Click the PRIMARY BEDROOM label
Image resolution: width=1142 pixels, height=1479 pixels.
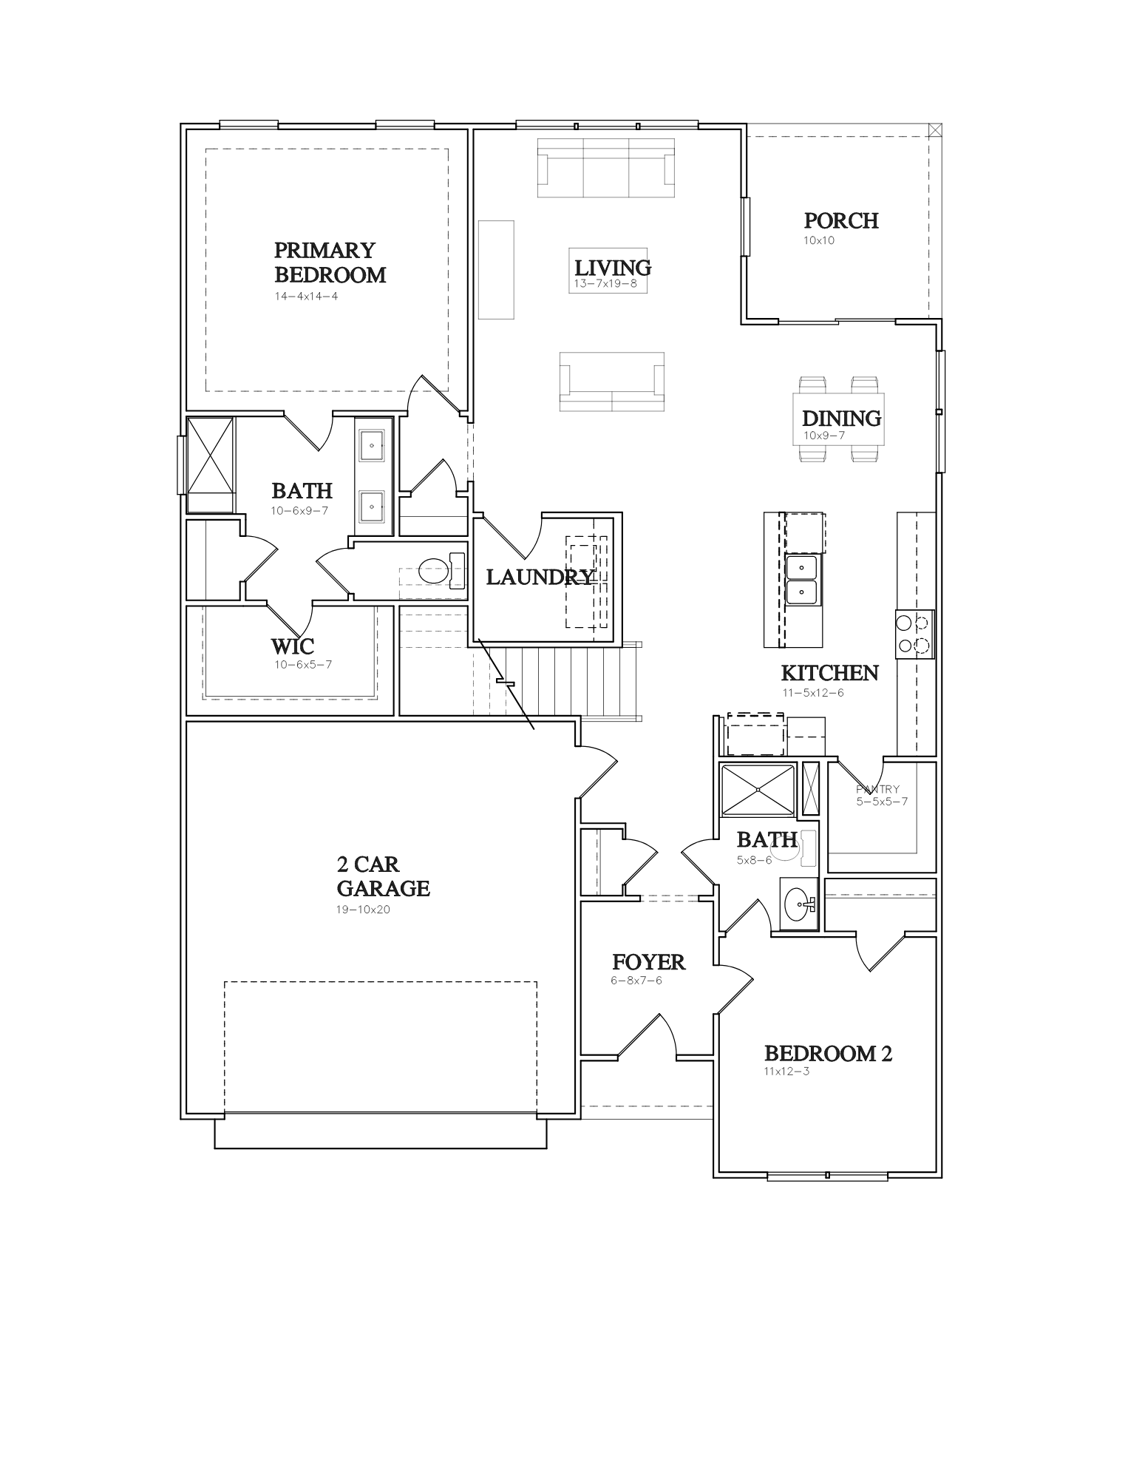pyautogui.click(x=330, y=263)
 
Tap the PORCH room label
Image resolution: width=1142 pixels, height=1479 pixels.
pyautogui.click(x=841, y=220)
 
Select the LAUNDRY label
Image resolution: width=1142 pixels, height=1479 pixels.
pyautogui.click(x=540, y=577)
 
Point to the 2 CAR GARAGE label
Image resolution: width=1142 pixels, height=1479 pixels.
pyautogui.click(x=383, y=876)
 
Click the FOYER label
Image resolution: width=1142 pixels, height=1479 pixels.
pyautogui.click(x=648, y=962)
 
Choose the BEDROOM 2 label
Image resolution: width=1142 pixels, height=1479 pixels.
pyautogui.click(x=828, y=1053)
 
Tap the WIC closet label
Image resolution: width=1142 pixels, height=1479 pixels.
pyautogui.click(x=292, y=646)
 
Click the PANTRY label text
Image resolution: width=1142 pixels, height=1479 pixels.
pyautogui.click(x=877, y=789)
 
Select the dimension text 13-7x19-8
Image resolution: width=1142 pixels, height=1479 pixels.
pyautogui.click(x=605, y=283)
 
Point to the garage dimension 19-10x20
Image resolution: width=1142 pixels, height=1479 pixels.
pyautogui.click(x=363, y=910)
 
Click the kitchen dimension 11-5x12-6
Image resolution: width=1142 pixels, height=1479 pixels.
pyautogui.click(x=813, y=693)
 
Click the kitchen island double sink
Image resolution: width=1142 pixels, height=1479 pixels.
pyautogui.click(x=802, y=580)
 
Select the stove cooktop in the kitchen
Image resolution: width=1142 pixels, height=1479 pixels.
pyautogui.click(x=915, y=634)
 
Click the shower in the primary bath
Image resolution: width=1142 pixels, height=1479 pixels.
pyautogui.click(x=211, y=464)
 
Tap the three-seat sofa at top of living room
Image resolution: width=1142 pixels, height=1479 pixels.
pyautogui.click(x=606, y=168)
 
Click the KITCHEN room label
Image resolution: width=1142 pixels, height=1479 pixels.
pyautogui.click(x=829, y=673)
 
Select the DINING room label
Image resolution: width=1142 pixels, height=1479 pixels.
pyautogui.click(x=841, y=419)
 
